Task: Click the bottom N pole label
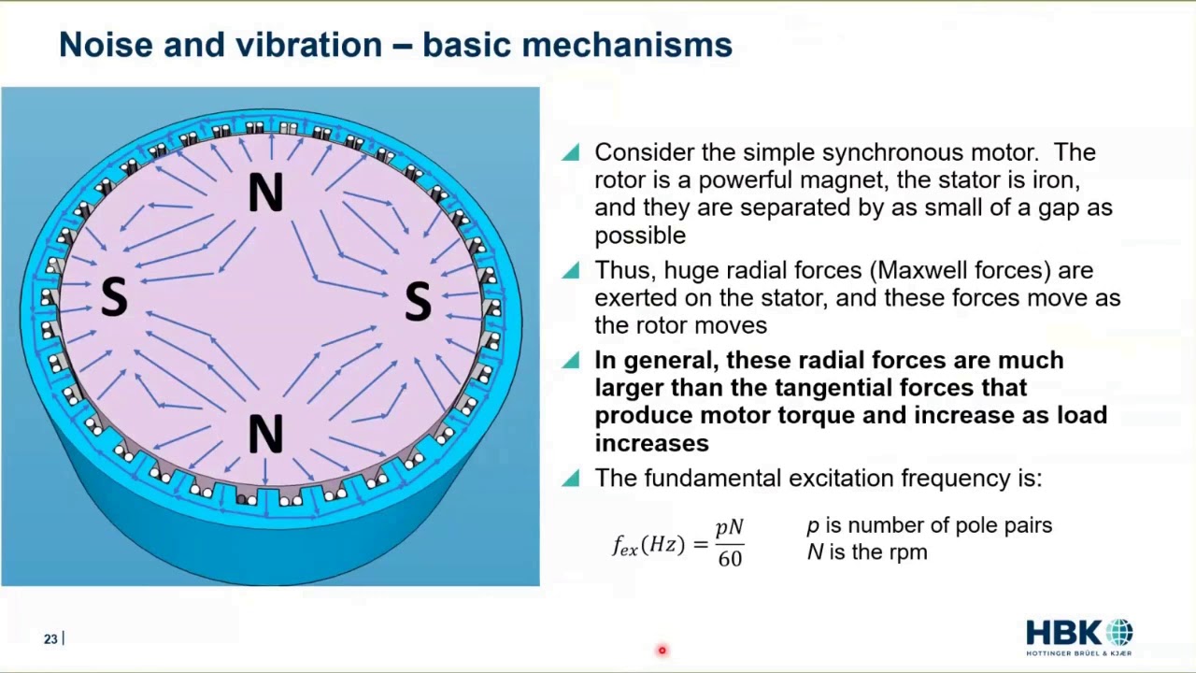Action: [x=265, y=435]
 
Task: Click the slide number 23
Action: [x=50, y=639]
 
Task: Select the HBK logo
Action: [x=1079, y=636]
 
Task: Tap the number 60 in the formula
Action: [x=730, y=559]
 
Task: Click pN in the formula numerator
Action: [x=730, y=528]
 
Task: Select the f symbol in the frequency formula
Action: [x=619, y=545]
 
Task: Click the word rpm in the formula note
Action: [x=907, y=552]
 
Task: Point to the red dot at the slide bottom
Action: [x=662, y=650]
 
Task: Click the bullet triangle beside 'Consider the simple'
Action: [x=571, y=152]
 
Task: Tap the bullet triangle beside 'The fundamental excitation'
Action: [x=571, y=479]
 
